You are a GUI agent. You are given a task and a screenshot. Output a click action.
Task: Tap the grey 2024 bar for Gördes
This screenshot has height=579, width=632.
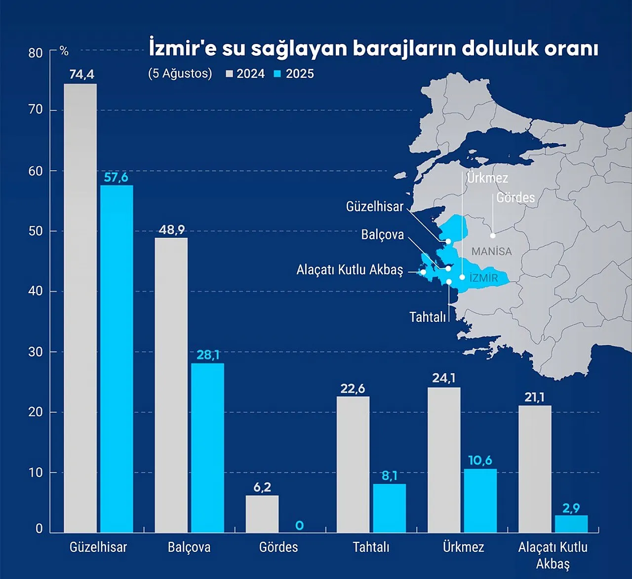262,513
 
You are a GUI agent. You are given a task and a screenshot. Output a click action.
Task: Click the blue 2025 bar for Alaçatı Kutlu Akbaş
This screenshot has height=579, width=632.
571,523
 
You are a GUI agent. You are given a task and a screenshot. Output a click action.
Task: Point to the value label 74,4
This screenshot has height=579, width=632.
81,75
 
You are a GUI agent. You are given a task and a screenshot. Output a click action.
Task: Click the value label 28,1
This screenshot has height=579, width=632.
208,355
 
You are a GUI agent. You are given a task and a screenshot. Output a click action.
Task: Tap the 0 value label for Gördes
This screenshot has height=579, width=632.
299,526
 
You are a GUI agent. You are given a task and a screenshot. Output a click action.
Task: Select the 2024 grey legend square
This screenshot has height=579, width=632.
229,74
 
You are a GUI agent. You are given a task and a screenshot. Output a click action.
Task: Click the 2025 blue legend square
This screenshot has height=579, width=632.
277,74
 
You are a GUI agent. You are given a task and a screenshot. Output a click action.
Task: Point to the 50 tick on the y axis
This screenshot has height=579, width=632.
36,231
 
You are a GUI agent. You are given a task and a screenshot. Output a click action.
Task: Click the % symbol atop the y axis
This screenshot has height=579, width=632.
64,51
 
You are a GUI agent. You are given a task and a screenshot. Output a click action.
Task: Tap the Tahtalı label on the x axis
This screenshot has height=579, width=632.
371,547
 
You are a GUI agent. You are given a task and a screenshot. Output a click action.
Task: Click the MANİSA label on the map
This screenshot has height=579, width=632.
491,251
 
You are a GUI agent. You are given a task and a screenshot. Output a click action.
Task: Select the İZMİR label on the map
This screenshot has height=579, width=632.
483,278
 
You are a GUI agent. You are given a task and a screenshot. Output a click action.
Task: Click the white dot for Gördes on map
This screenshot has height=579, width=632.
493,236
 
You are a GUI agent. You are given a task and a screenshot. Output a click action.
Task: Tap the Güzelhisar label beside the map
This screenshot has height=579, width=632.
375,206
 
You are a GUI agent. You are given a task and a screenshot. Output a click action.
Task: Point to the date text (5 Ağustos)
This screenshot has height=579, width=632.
180,74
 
